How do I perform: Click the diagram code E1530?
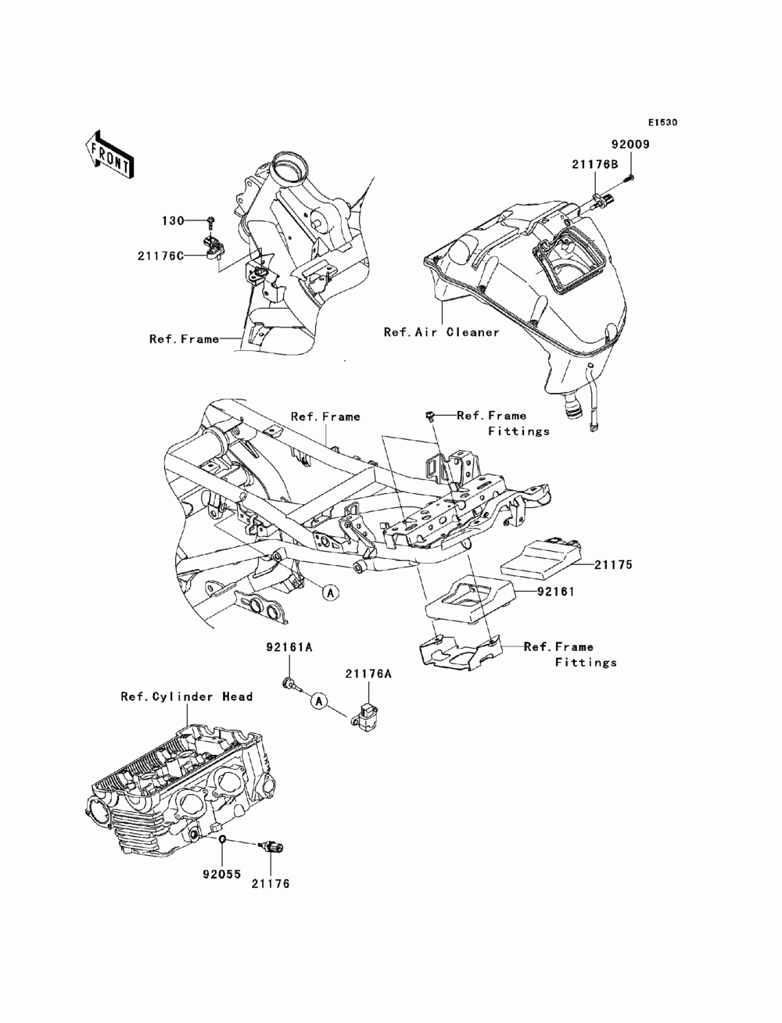pos(662,123)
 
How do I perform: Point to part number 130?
pos(173,220)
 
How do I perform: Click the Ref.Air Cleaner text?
pos(441,332)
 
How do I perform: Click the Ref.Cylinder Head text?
pos(186,696)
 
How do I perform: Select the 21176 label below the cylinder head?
pos(270,884)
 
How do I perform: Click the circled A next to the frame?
pos(330,592)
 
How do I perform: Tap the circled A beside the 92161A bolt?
pos(318,701)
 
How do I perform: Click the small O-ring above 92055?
pos(223,840)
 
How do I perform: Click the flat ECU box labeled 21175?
pos(539,553)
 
